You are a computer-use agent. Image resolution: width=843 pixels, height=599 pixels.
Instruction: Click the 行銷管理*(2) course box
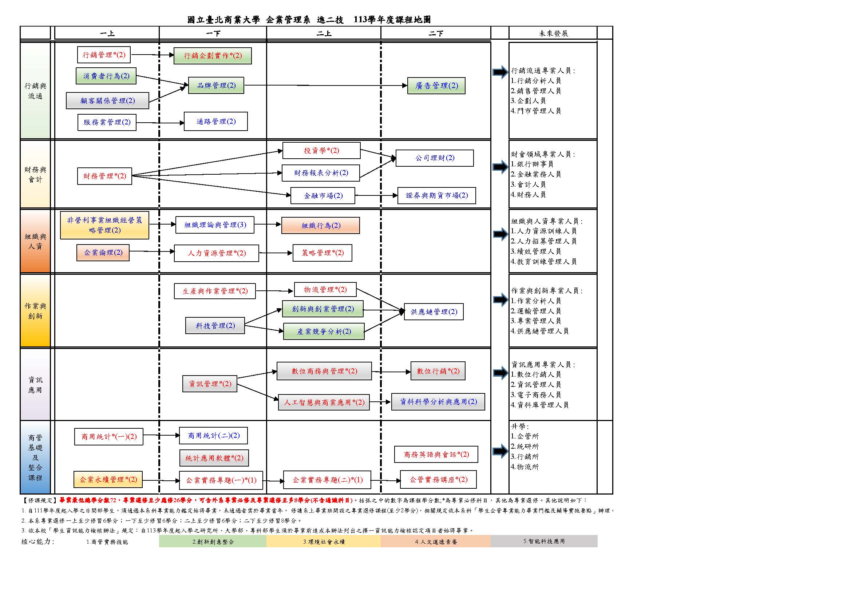pyautogui.click(x=104, y=55)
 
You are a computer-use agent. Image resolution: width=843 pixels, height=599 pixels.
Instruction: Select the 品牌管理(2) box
pyautogui.click(x=216, y=86)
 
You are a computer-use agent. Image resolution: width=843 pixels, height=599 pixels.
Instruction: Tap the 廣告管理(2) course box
pyautogui.click(x=436, y=86)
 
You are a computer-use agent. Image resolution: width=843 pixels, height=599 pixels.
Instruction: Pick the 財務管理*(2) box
pyautogui.click(x=104, y=176)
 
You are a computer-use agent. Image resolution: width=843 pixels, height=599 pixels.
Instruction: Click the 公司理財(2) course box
pyautogui.click(x=434, y=158)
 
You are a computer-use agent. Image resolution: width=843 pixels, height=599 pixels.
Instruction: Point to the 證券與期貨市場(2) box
pyautogui.click(x=436, y=195)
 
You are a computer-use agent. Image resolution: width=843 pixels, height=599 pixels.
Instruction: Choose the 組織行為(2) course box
pyautogui.click(x=320, y=226)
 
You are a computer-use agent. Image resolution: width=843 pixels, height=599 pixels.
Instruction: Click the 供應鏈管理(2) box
pyautogui.click(x=434, y=312)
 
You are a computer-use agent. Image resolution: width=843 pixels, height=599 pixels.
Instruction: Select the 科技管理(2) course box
pyautogui.click(x=215, y=326)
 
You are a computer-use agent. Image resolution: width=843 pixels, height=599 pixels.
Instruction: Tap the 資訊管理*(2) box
pyautogui.click(x=210, y=384)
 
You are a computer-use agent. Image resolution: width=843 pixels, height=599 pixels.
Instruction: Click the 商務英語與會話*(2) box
pyautogui.click(x=436, y=455)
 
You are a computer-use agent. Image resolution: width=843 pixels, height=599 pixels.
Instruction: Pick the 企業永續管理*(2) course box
pyautogui.click(x=108, y=480)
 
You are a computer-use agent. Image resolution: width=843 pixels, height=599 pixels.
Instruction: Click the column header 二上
pyautogui.click(x=324, y=33)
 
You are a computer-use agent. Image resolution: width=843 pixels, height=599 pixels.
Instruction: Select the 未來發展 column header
pyautogui.click(x=553, y=33)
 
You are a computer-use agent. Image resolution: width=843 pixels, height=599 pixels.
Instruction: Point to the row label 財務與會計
pyautogui.click(x=35, y=174)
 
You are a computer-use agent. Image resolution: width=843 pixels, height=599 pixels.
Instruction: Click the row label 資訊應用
pyautogui.click(x=35, y=385)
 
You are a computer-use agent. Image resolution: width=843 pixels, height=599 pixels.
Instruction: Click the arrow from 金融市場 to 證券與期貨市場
pyautogui.click(x=376, y=195)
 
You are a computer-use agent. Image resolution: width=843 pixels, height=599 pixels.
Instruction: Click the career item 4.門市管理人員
pyautogui.click(x=536, y=111)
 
